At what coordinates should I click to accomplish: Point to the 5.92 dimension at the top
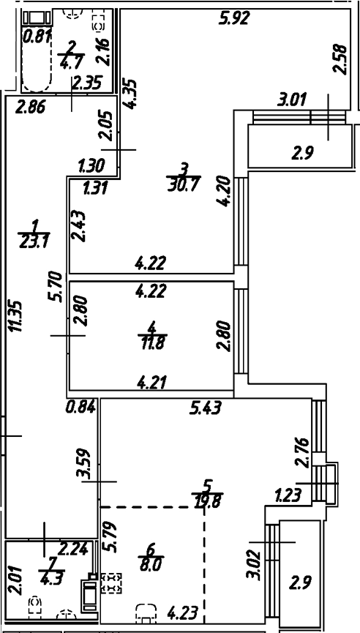(x=237, y=19)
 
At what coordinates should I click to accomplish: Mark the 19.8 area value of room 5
(x=209, y=501)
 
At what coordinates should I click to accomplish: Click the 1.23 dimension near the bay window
(x=288, y=497)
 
